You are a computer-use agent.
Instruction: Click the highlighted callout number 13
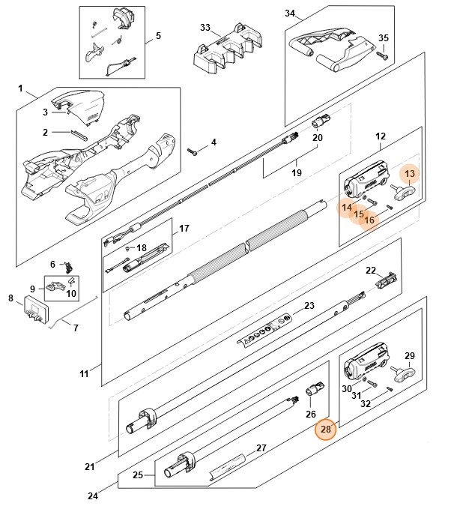pos(410,175)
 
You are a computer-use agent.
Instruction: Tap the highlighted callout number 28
pos(326,430)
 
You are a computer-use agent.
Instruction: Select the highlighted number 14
pos(347,207)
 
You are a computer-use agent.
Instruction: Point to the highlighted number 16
pos(370,220)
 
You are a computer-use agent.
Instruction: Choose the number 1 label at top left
pos(20,88)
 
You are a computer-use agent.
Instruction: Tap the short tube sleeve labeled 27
pos(228,463)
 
